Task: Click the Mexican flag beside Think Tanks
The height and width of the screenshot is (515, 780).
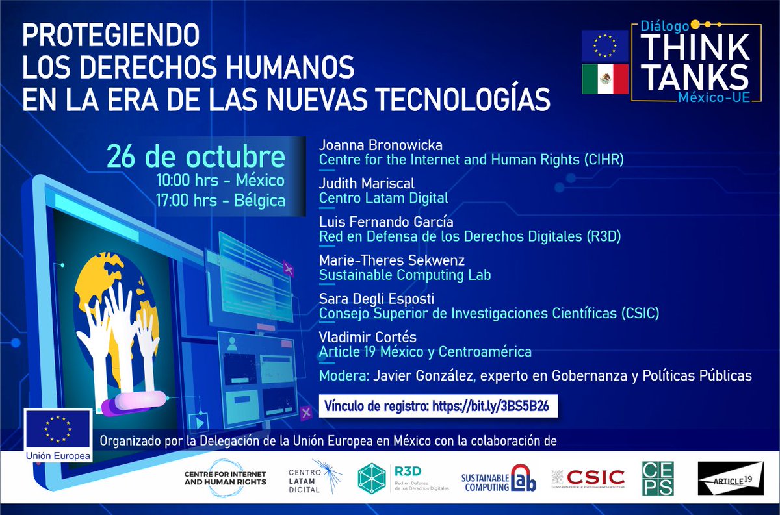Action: [x=604, y=79]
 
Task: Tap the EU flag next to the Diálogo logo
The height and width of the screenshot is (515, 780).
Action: [x=604, y=45]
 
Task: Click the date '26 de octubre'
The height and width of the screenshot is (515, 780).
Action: [x=196, y=158]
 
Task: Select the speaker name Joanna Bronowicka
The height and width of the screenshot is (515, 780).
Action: [x=371, y=144]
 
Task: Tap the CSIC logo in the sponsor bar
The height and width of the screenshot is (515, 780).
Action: [x=588, y=479]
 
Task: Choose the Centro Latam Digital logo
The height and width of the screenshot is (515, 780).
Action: [x=315, y=479]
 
